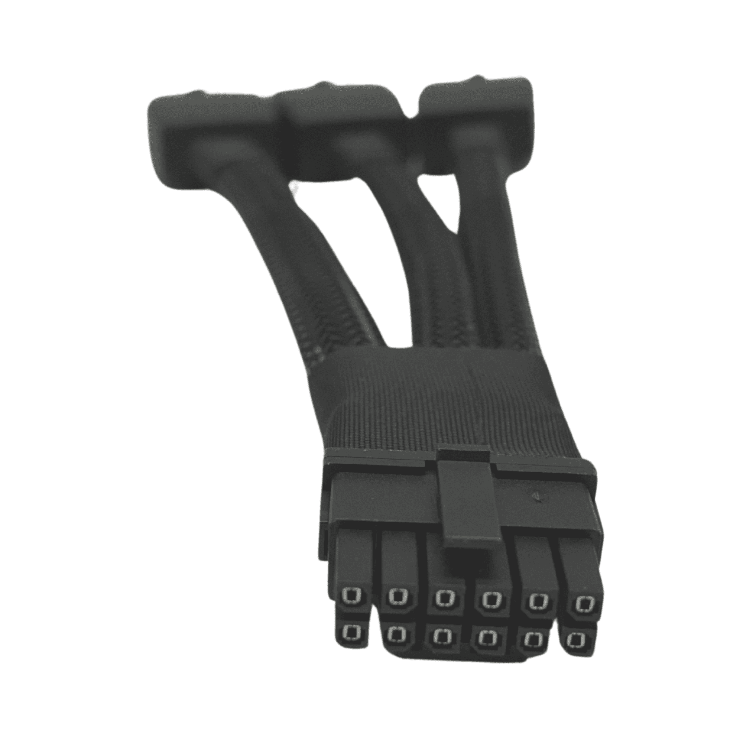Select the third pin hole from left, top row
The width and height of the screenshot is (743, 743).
tap(443, 607)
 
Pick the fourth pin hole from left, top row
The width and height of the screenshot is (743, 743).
tap(490, 608)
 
